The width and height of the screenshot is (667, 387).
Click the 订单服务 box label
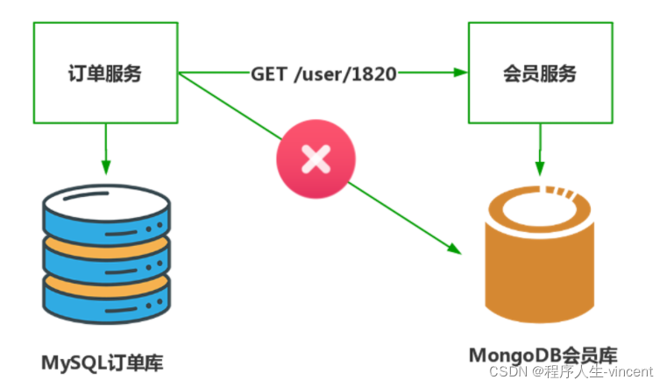pos(104,74)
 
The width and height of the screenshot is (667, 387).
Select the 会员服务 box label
pos(540,74)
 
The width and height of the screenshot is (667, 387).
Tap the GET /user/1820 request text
pos(323,74)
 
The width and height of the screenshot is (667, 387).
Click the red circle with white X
pos(316,158)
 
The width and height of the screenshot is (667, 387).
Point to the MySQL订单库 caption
pos(102,363)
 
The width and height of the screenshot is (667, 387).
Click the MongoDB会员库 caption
pos(543,355)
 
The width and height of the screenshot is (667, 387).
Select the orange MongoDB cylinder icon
pos(540,254)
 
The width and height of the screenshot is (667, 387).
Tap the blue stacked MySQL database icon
pos(106,254)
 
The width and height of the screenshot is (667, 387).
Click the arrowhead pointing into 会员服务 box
pos(461,73)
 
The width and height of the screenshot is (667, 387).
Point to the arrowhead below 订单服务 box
pos(106,167)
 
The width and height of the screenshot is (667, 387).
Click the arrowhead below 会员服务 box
pos(540,168)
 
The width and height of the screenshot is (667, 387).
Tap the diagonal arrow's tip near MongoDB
pos(461,254)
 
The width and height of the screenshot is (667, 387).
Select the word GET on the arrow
pos(269,74)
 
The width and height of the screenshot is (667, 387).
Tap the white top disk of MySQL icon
pos(106,202)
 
